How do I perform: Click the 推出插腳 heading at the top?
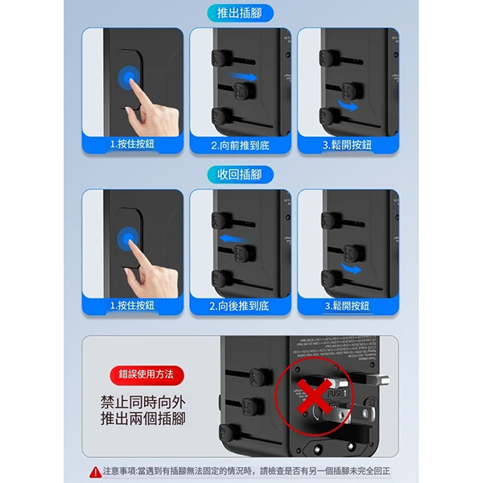click(x=240, y=12)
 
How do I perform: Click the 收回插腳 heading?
click(x=240, y=175)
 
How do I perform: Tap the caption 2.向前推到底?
click(x=240, y=145)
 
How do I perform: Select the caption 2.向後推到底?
click(x=240, y=306)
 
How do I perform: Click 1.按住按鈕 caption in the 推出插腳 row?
click(x=132, y=145)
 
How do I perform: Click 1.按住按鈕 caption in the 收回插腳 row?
click(x=132, y=306)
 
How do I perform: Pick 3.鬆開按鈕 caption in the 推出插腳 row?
click(x=348, y=145)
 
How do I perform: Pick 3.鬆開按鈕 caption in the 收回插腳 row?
click(x=348, y=306)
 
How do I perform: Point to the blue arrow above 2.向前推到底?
click(x=244, y=78)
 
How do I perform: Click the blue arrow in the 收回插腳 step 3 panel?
click(x=349, y=269)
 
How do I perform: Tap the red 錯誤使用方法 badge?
click(x=147, y=374)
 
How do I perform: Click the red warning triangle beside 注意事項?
click(x=95, y=471)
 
